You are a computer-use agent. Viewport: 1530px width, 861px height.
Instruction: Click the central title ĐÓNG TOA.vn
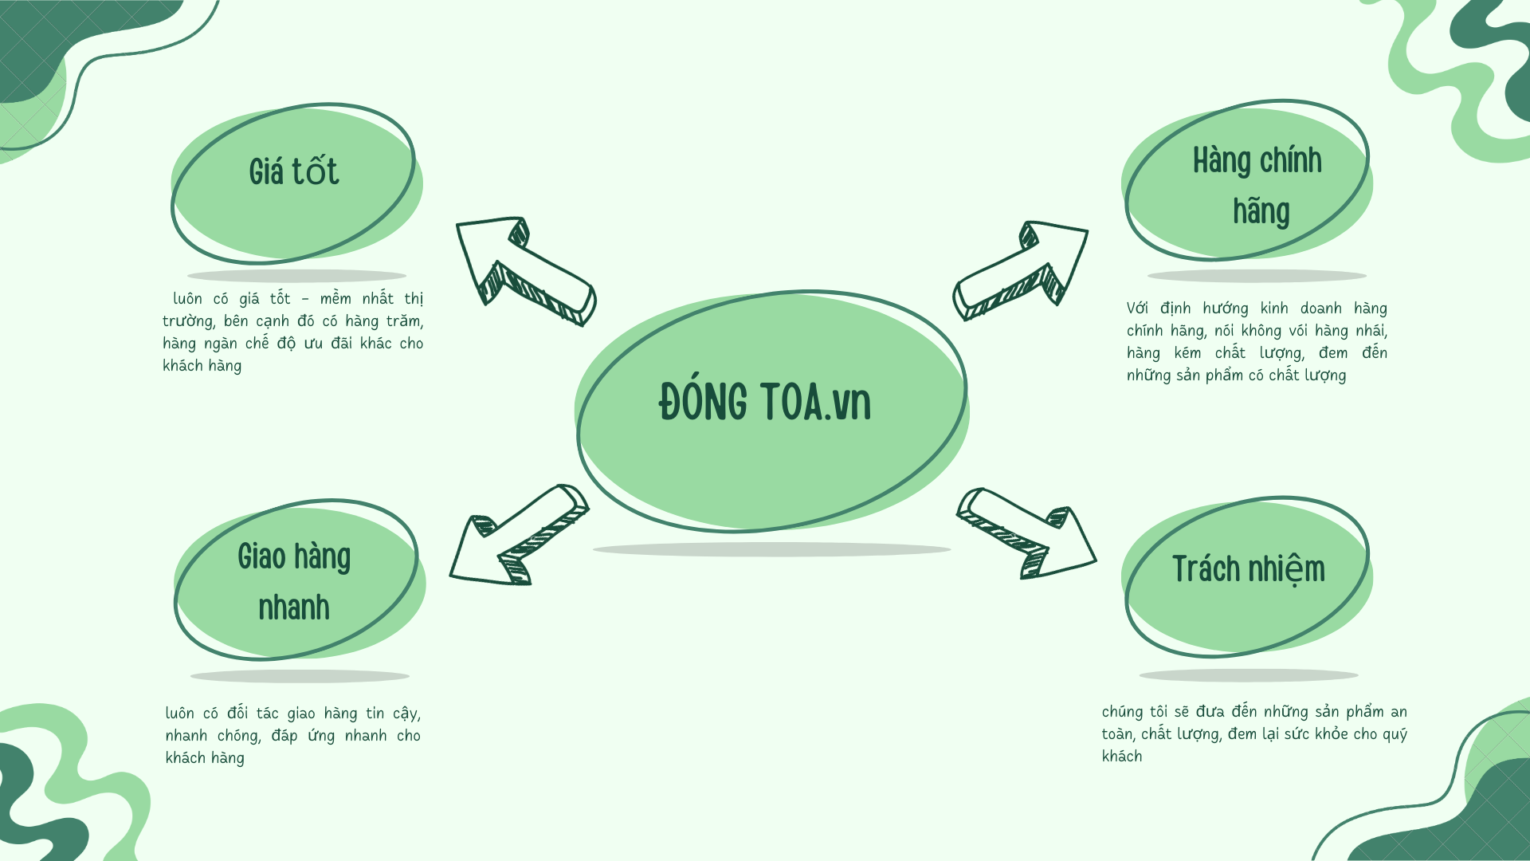coord(765,403)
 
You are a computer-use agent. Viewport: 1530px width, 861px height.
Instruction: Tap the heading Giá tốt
coord(294,172)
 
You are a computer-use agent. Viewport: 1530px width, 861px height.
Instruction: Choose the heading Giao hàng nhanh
coord(294,582)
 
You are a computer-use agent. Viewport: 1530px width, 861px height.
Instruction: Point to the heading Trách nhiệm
coord(1248,569)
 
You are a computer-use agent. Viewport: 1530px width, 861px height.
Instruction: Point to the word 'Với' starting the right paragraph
coord(1137,309)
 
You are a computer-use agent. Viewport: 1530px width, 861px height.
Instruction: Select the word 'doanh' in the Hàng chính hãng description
coord(1320,309)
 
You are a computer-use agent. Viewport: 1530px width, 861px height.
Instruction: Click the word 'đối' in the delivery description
coord(237,713)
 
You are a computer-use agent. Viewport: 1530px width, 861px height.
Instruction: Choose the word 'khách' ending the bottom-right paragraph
coord(1122,757)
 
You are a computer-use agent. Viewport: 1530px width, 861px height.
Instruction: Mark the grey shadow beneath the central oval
coord(771,549)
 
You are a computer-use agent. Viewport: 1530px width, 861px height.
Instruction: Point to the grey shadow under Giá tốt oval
coord(296,276)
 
